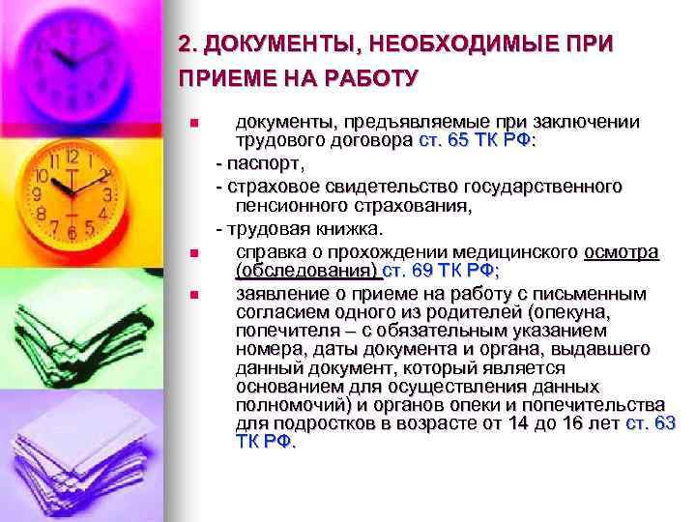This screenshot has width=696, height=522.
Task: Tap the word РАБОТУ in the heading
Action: tap(370, 76)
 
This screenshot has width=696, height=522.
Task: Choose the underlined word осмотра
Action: tap(622, 251)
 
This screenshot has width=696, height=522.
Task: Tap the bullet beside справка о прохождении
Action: tap(193, 253)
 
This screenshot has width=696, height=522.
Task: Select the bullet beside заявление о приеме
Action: tap(193, 295)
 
